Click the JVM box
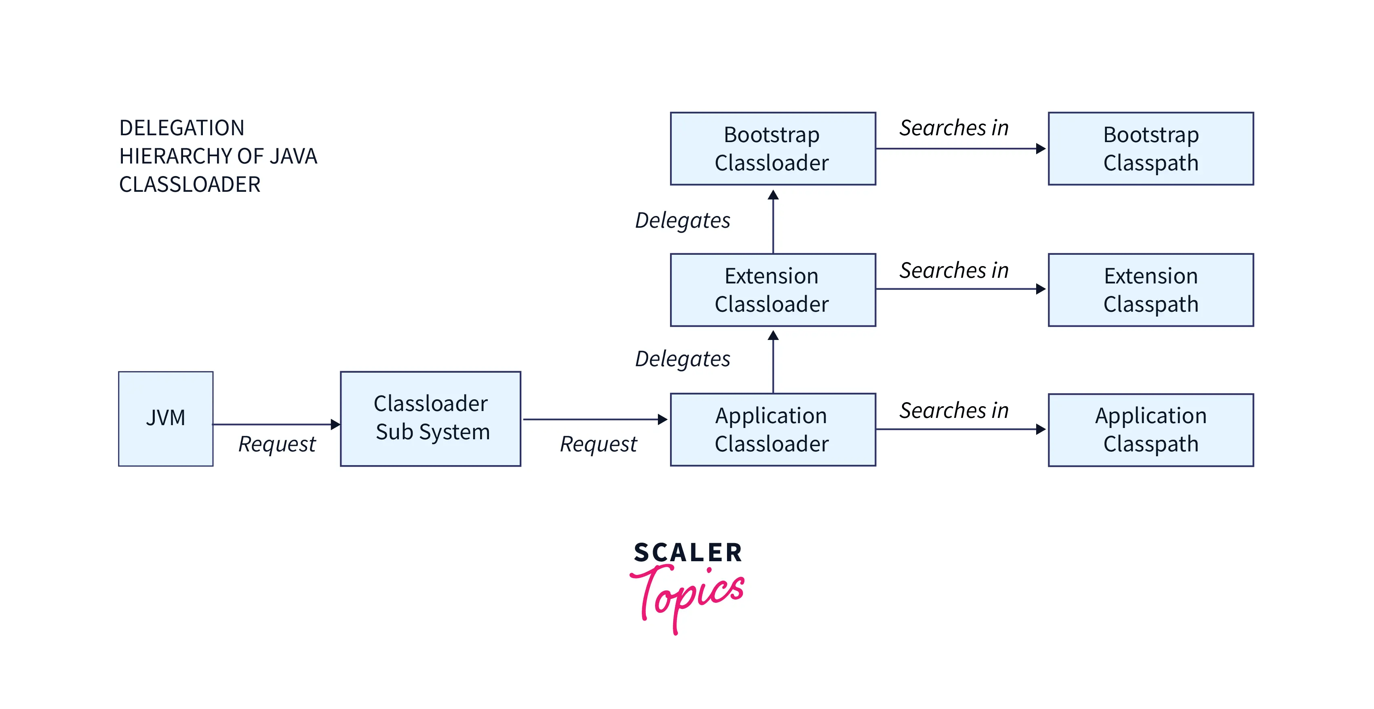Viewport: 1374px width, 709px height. click(165, 418)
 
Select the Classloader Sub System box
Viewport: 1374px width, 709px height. click(430, 418)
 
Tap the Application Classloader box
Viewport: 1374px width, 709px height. click(772, 430)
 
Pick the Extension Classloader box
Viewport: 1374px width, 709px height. click(772, 289)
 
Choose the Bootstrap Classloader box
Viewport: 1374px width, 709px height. click(772, 148)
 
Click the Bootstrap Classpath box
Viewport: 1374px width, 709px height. click(1151, 148)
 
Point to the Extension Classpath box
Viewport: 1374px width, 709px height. click(1151, 289)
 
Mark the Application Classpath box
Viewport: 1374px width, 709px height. click(1151, 430)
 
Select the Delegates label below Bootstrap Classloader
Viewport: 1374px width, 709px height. click(682, 220)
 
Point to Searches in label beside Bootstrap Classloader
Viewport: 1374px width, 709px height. click(954, 128)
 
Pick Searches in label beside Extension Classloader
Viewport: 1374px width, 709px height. click(954, 270)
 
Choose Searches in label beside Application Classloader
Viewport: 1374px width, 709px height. click(954, 411)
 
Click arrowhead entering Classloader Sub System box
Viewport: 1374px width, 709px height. click(335, 424)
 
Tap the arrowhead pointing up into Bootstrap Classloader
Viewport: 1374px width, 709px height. click(773, 195)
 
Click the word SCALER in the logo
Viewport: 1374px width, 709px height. click(687, 553)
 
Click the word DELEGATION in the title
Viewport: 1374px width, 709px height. click(181, 128)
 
